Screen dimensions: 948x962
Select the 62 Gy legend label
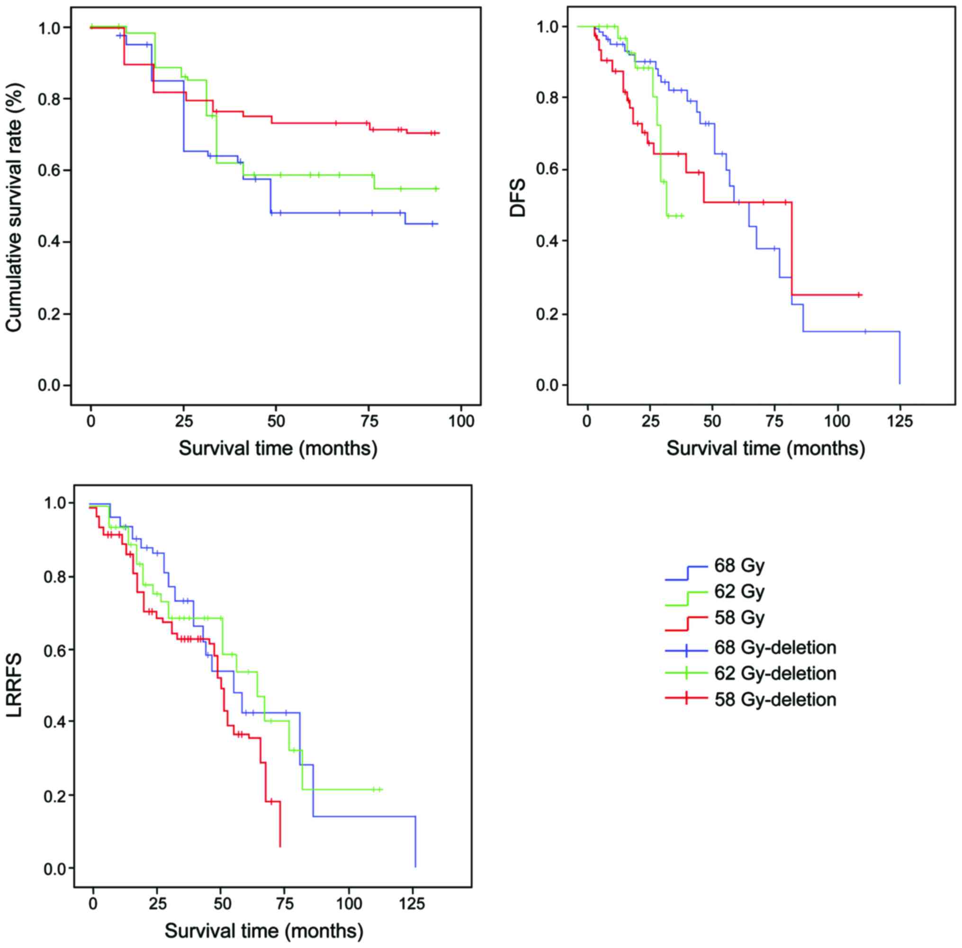pos(739,592)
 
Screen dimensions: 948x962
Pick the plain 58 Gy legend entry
pos(739,618)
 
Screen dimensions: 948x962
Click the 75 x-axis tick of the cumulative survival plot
pos(369,422)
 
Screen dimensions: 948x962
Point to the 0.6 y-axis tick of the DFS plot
pos(547,170)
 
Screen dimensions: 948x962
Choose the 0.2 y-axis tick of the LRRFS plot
pos(55,795)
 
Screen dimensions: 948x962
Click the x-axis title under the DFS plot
pos(766,449)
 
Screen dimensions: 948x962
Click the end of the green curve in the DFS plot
pos(682,216)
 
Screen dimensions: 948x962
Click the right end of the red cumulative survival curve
pos(439,133)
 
